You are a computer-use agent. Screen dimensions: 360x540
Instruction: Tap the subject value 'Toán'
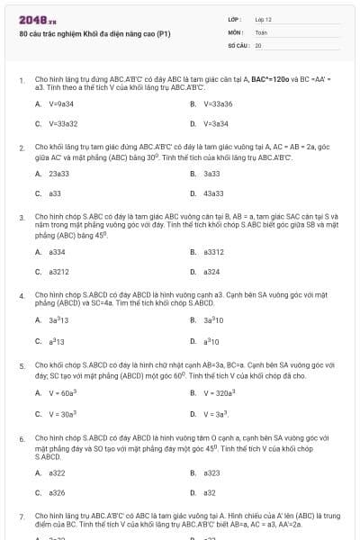261,31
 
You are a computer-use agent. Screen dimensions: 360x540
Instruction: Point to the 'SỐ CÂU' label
238,44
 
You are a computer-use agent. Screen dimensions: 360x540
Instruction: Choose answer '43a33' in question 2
213,193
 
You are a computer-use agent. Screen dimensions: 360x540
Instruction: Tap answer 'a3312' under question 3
214,252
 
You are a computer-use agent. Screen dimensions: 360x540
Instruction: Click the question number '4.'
22,295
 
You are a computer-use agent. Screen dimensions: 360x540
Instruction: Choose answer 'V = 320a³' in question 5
219,392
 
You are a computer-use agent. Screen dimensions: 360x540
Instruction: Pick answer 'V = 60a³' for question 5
62,392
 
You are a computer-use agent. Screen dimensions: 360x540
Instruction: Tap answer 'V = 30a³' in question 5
62,413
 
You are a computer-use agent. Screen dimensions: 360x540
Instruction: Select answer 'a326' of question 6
57,492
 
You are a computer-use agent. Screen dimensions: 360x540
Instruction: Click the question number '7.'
22,517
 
